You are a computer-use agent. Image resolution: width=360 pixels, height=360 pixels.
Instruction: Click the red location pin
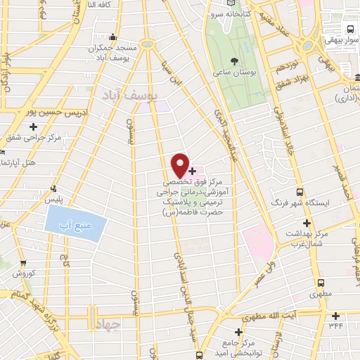tap(181, 165)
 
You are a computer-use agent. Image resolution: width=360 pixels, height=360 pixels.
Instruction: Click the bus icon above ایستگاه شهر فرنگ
tap(300, 191)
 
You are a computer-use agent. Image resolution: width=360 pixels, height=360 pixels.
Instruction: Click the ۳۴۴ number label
tap(339, 326)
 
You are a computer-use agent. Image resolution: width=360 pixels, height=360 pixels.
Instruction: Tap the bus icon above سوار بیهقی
tap(349, 30)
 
